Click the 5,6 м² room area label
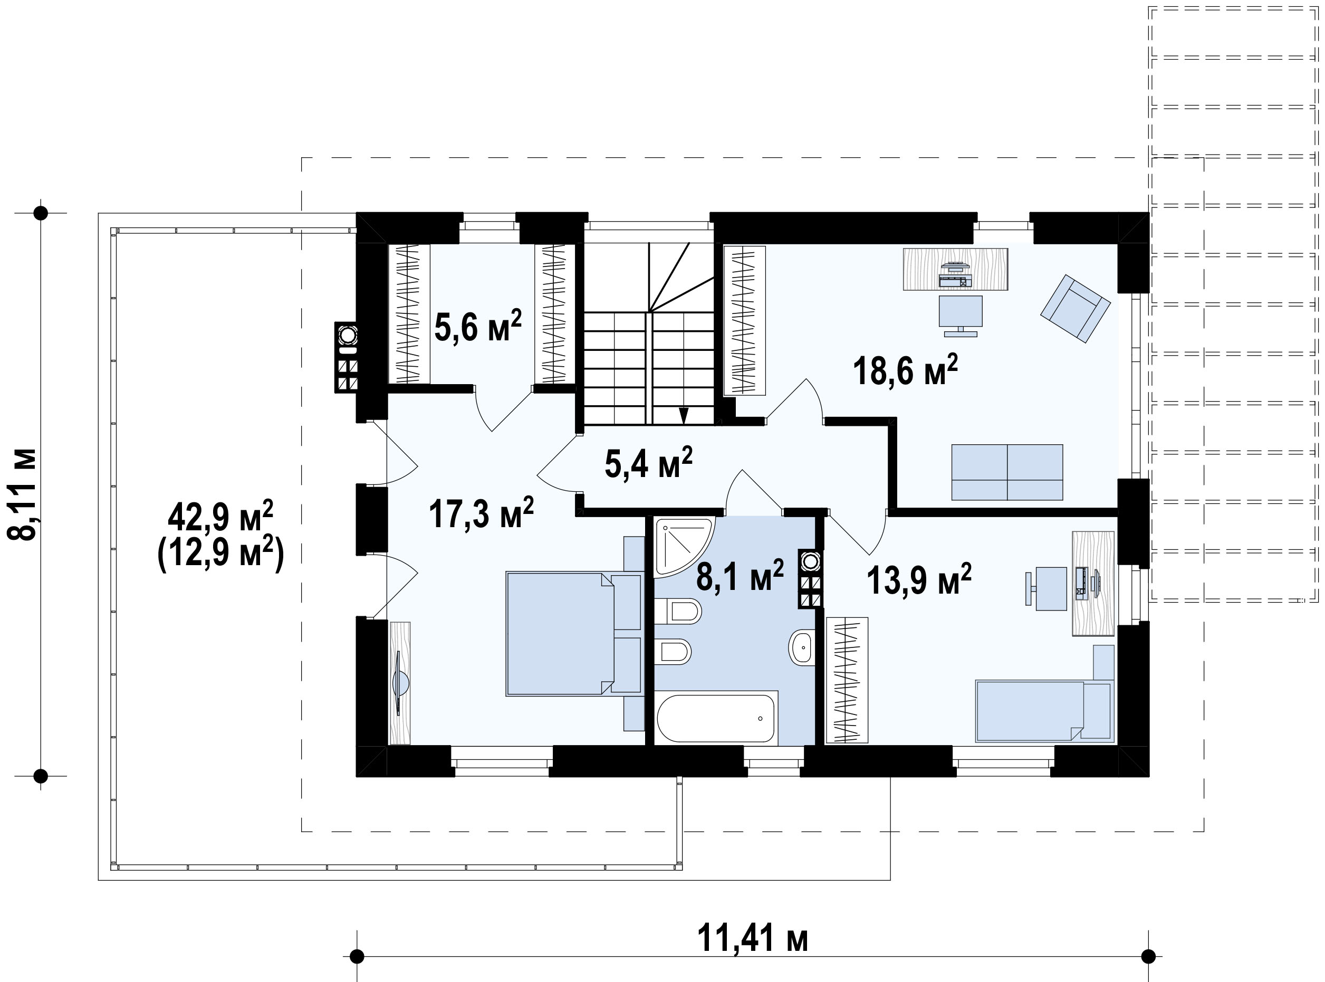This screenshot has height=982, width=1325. point(478,326)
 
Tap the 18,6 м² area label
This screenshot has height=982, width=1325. point(906,370)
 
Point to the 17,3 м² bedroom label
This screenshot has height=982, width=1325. point(481,513)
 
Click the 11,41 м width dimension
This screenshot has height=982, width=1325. point(752,938)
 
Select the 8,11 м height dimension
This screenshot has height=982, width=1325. point(22,494)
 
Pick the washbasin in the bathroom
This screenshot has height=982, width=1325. point(802,646)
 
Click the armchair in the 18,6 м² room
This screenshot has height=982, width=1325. point(1076,308)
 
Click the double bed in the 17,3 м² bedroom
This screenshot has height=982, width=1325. point(574,633)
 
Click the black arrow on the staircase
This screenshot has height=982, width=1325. point(684,414)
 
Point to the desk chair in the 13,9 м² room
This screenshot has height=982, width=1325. point(1046,588)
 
